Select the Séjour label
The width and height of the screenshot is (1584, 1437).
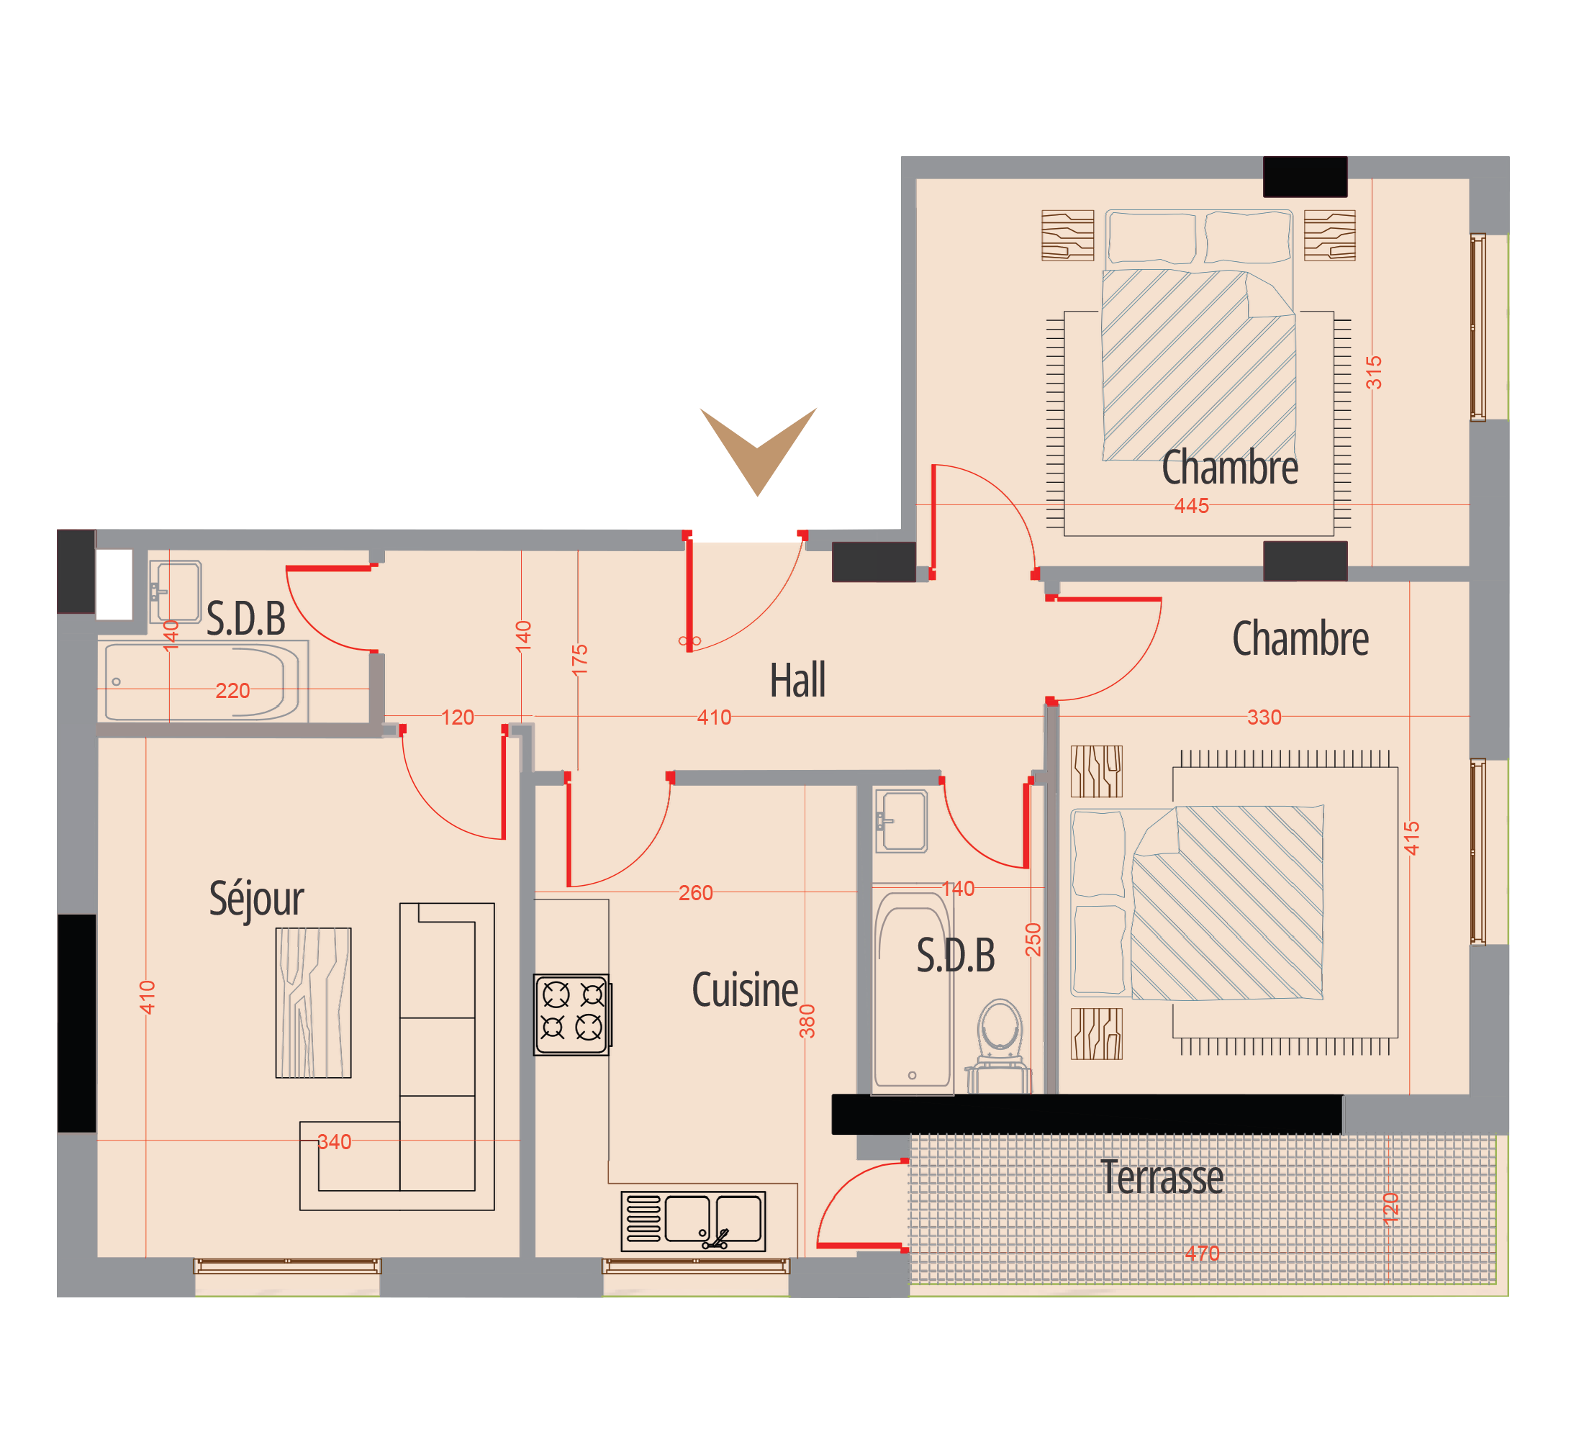click(256, 898)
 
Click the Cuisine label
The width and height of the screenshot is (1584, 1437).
click(745, 990)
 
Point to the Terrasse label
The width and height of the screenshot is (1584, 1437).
click(1162, 1177)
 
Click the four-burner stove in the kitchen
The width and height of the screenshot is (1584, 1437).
click(572, 1015)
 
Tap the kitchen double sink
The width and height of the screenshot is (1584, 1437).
click(693, 1222)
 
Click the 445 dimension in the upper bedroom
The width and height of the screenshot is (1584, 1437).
click(1191, 506)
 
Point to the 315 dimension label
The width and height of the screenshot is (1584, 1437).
click(1374, 373)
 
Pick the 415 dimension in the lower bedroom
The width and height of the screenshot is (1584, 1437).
click(1412, 838)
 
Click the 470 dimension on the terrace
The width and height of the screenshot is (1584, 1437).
click(1202, 1254)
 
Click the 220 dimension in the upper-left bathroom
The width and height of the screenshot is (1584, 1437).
click(232, 691)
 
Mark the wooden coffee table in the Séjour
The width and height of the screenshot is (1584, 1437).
click(313, 1002)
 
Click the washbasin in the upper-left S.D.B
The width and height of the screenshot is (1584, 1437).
click(176, 591)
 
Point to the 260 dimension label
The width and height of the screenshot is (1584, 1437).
click(695, 893)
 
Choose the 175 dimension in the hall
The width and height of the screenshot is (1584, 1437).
click(580, 660)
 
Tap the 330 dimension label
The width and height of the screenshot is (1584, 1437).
click(1264, 717)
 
